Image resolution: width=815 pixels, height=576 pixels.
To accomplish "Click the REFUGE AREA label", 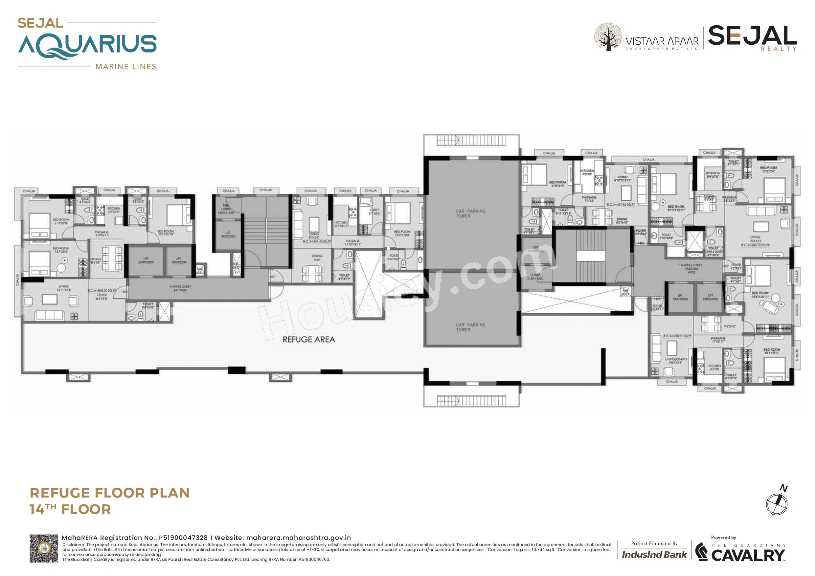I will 308,339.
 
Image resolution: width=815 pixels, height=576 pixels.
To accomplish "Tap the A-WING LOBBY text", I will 180,288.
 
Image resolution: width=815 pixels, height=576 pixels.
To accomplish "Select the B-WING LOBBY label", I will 691,268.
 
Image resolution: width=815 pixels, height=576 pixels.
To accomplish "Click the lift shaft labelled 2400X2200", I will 146,260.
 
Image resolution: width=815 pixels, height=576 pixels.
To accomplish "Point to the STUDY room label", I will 374,212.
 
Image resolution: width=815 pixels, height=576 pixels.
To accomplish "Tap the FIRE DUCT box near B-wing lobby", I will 625,292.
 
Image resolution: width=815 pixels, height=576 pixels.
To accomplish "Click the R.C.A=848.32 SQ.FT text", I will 102,291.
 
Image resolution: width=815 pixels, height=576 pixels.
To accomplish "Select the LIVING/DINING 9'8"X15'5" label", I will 675,361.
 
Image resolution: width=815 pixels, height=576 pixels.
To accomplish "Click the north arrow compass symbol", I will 777,503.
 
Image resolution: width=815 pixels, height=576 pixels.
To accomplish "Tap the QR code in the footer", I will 43,548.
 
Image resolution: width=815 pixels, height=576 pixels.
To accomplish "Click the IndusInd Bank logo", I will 654,554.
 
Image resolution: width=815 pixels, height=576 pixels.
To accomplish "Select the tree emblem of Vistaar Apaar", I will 608,36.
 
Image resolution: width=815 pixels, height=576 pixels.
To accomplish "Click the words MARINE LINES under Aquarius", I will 126,67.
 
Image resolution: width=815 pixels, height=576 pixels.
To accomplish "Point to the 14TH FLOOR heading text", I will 70,509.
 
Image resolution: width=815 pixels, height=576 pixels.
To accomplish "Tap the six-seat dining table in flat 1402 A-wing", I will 112,258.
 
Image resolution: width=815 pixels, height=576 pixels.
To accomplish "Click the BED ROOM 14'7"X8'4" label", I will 61,250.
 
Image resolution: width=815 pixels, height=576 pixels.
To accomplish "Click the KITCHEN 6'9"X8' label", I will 586,172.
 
